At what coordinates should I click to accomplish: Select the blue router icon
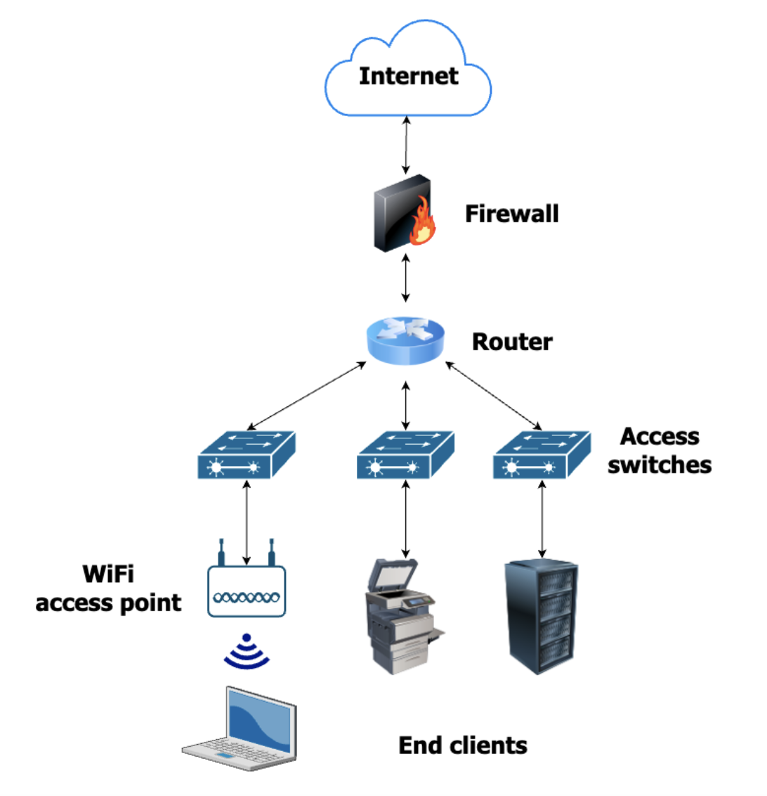tap(406, 340)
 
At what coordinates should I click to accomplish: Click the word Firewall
tap(512, 214)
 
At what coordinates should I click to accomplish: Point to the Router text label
tap(512, 342)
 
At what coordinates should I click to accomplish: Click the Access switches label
tap(660, 451)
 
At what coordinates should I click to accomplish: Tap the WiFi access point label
tap(109, 589)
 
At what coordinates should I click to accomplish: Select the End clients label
tap(463, 745)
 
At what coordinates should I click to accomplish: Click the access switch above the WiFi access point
tap(247, 455)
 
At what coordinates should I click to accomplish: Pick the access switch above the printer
tap(405, 455)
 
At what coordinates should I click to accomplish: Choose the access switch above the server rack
tap(542, 455)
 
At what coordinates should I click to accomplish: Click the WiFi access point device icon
tap(247, 586)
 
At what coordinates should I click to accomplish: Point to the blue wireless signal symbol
tap(247, 651)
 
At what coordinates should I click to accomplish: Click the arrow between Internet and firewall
tap(406, 146)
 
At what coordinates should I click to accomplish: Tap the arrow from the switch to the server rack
tap(542, 520)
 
